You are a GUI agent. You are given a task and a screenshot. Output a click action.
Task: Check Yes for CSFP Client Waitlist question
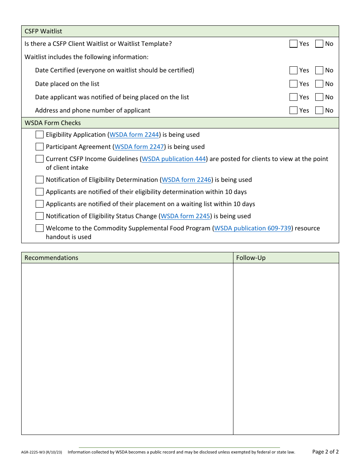click(293, 44)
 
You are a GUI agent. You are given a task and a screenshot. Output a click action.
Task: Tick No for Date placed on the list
click(319, 84)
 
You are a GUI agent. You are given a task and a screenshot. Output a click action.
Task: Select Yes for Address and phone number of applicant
click(293, 111)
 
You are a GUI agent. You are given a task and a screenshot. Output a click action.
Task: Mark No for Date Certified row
click(319, 70)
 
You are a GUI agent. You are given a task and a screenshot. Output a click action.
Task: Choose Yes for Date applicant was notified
click(293, 97)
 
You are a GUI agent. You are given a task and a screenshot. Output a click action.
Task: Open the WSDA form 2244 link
click(134, 135)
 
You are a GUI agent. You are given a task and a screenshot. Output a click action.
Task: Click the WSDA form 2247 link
click(139, 147)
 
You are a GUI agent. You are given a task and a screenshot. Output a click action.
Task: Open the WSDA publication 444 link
click(174, 159)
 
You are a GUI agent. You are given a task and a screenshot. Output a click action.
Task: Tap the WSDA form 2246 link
click(186, 180)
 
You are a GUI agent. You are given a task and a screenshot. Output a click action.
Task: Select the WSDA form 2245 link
click(185, 216)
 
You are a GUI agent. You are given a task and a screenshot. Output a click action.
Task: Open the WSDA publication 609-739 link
click(253, 228)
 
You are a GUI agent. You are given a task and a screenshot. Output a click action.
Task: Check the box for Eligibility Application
click(39, 135)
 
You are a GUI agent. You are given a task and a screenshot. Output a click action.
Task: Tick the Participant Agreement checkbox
click(39, 147)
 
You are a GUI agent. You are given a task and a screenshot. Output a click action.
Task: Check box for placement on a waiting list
click(39, 204)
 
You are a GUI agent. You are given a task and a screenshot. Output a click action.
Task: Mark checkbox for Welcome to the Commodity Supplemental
click(39, 228)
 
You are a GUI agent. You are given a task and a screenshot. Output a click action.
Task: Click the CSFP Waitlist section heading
click(43, 31)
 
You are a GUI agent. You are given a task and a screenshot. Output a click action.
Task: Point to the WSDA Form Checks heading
click(53, 123)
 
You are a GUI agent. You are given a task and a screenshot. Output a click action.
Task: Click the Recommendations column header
click(52, 258)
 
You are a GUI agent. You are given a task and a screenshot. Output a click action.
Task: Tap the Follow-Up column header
click(251, 258)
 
